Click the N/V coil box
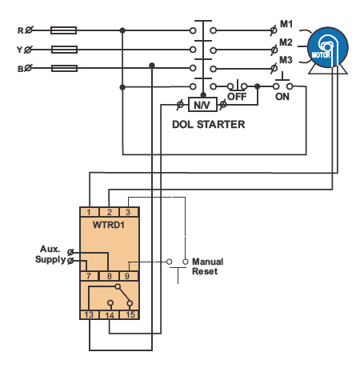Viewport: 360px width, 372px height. pyautogui.click(x=202, y=105)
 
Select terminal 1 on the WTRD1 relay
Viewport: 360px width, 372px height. pyautogui.click(x=89, y=212)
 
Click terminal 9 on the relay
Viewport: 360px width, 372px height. pyautogui.click(x=127, y=276)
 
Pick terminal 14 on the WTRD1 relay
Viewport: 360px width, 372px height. pyautogui.click(x=110, y=315)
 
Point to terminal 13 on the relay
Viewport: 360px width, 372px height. pyautogui.click(x=89, y=315)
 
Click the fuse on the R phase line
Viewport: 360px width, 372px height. pyautogui.click(x=63, y=30)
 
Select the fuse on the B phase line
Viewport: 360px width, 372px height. pyautogui.click(x=64, y=68)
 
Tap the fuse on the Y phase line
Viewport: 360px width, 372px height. pyautogui.click(x=64, y=50)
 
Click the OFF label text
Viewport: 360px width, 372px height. pyautogui.click(x=237, y=97)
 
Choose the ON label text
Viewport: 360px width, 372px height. pyautogui.click(x=282, y=97)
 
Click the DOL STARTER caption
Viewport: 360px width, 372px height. pyautogui.click(x=209, y=125)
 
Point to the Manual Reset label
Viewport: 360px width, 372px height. pyautogui.click(x=208, y=266)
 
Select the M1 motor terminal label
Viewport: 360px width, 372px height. pyautogui.click(x=286, y=24)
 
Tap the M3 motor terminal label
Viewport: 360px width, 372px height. pyautogui.click(x=286, y=60)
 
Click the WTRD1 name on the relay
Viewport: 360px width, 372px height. pyautogui.click(x=109, y=225)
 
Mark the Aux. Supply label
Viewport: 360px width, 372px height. pyautogui.click(x=50, y=254)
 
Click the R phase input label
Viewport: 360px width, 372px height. pyautogui.click(x=21, y=30)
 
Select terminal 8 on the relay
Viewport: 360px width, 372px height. pyautogui.click(x=110, y=276)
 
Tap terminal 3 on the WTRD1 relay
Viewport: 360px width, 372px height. pyautogui.click(x=128, y=212)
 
